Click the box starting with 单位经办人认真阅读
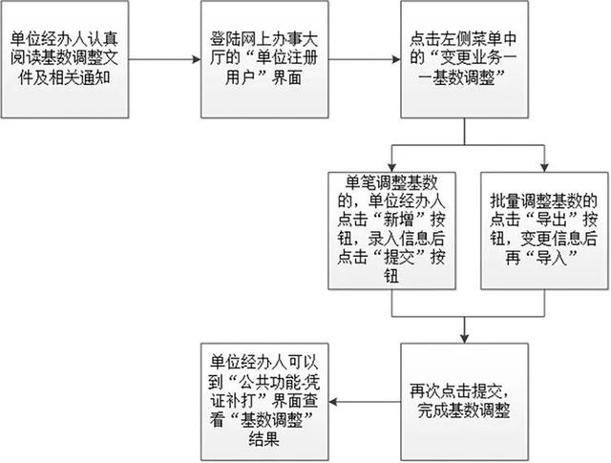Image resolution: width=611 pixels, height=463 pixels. tap(65, 59)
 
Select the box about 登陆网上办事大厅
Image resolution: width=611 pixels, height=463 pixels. tap(264, 59)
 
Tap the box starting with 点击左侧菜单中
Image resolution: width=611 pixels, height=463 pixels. tap(465, 59)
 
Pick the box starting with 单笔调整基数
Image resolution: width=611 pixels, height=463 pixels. tap(391, 231)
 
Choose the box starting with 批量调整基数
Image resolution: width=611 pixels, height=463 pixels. tap(544, 231)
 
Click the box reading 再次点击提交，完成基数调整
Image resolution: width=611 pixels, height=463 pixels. tap(465, 402)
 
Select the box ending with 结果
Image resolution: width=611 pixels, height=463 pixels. tap(264, 402)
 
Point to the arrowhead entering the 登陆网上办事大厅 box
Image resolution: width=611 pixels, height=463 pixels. tap(197, 59)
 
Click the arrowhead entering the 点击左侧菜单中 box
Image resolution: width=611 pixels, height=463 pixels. tap(396, 59)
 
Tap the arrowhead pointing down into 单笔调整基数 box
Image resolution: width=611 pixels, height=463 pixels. tap(391, 168)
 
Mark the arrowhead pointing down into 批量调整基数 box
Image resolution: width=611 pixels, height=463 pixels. tap(544, 168)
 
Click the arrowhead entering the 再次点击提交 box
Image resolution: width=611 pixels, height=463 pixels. tap(465, 339)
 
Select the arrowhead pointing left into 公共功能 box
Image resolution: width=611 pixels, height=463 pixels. tap(333, 402)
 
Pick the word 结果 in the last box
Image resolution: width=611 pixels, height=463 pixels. tap(264, 439)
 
